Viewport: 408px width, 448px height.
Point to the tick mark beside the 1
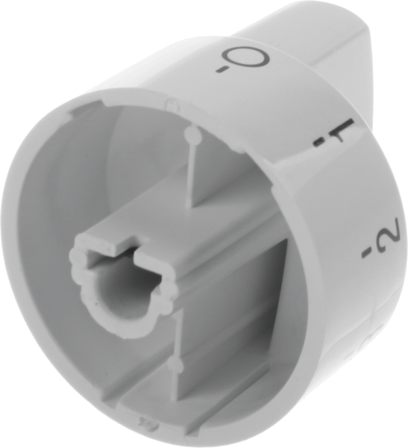point(318,143)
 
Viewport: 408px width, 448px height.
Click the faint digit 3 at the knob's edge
point(381,335)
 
